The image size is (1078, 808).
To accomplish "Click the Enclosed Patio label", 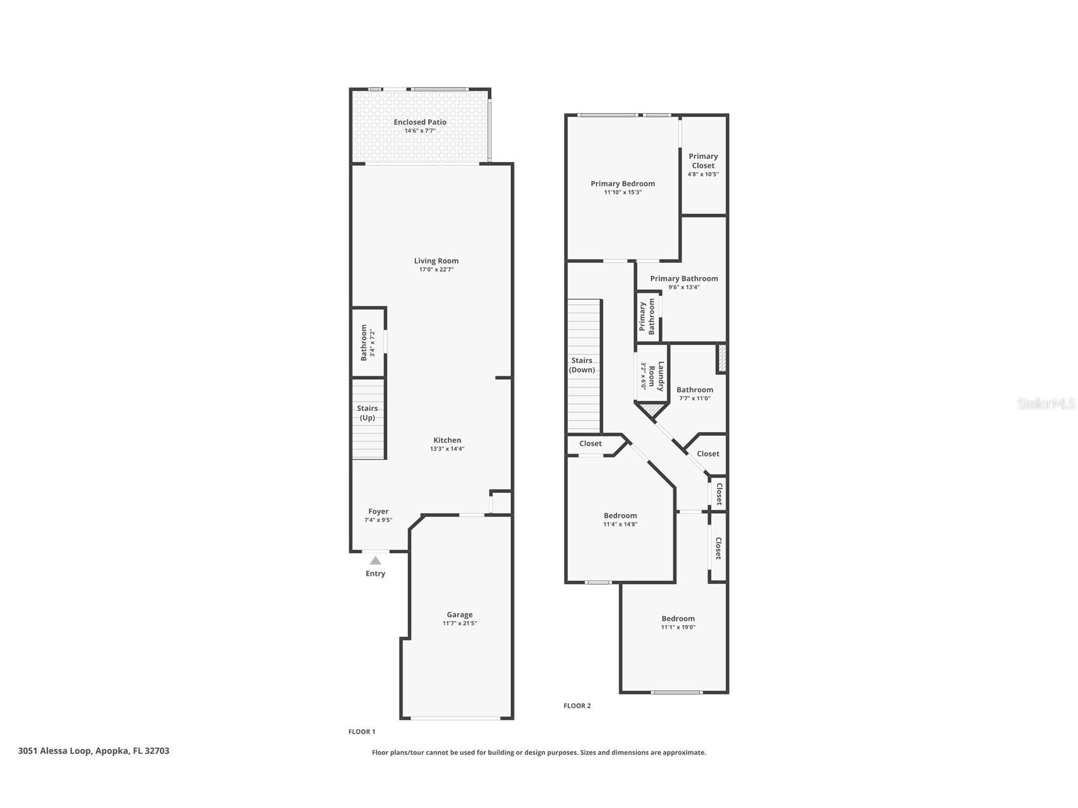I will point(420,122).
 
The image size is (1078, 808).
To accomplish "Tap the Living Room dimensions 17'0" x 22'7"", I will point(436,269).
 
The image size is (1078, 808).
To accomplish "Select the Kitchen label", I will point(447,440).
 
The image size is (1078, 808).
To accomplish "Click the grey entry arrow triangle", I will point(375,560).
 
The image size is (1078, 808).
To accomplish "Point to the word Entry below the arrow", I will point(375,574).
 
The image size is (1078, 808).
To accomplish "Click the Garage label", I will point(459,614).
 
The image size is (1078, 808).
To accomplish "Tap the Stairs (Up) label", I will point(367,413).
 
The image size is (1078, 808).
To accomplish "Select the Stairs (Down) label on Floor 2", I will point(582,365).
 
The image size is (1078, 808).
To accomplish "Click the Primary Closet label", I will point(703,161).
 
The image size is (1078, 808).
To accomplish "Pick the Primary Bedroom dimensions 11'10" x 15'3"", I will point(623,192).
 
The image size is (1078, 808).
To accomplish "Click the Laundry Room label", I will point(656,375).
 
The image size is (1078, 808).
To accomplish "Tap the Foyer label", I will point(378,511).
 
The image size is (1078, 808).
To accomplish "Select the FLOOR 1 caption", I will point(361,732).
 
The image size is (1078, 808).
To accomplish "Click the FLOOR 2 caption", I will point(577,706).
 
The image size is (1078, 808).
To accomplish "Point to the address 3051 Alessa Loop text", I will point(93,751).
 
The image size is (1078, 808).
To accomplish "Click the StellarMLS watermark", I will point(1046,403).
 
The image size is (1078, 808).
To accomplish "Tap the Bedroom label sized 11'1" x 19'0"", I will point(678,618).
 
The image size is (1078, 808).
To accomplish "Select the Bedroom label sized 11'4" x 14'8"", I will point(620,515).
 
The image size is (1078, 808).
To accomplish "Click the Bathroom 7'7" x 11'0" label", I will point(694,389).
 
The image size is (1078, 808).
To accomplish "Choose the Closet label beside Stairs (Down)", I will point(590,443).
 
